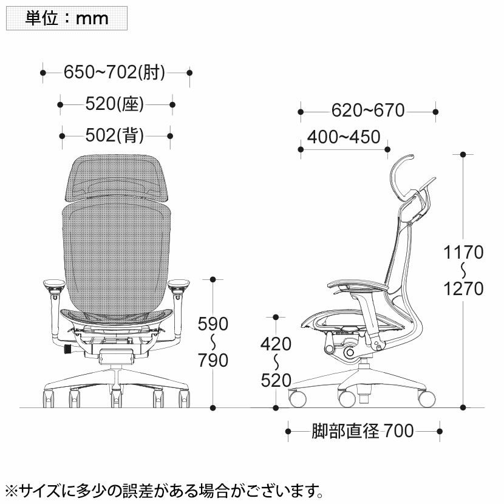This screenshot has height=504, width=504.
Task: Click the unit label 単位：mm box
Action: click(67, 18)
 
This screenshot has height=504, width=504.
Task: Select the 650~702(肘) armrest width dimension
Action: click(114, 72)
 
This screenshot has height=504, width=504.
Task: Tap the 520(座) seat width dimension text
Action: click(114, 104)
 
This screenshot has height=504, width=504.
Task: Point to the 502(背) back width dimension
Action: click(114, 135)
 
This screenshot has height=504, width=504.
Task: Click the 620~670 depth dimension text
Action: click(368, 111)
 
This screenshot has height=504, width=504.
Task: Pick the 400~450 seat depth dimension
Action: click(344, 137)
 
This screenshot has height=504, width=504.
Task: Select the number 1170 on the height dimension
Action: click(463, 253)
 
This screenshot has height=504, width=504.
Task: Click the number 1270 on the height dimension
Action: click(463, 288)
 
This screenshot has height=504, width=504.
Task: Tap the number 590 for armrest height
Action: click(213, 324)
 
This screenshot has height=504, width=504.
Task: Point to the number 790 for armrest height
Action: click(213, 360)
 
